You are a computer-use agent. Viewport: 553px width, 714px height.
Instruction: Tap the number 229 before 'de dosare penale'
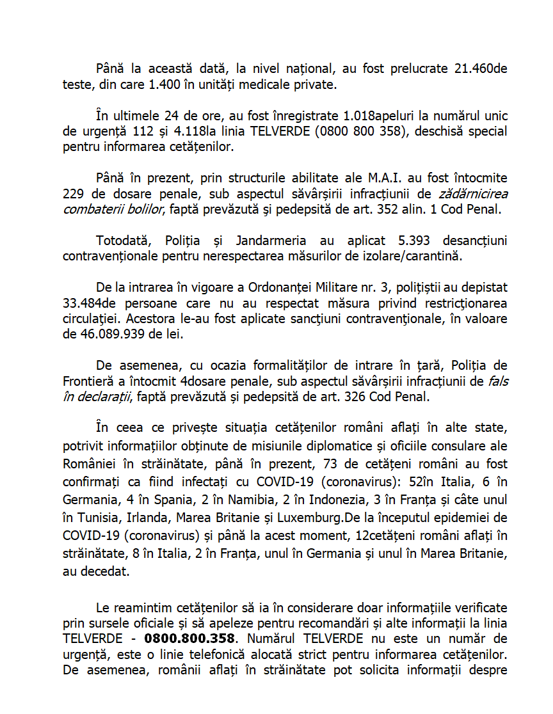(x=74, y=194)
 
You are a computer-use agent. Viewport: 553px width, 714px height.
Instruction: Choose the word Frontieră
(x=90, y=381)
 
